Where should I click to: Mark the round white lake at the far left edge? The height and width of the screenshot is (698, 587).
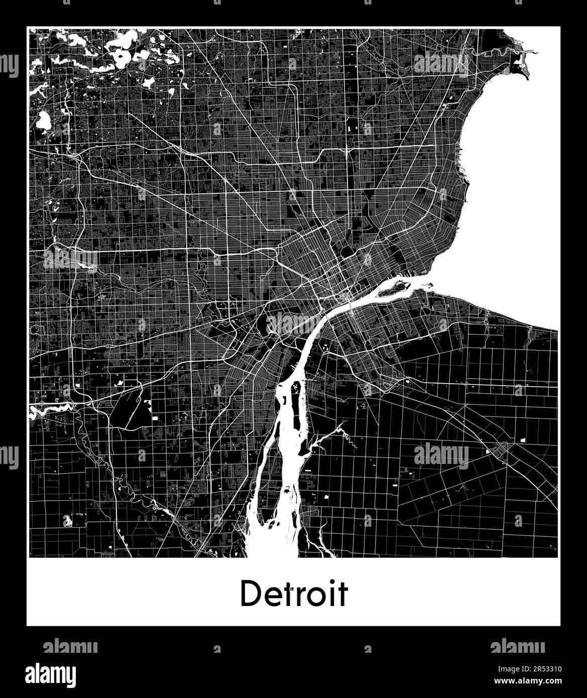[43, 121]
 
